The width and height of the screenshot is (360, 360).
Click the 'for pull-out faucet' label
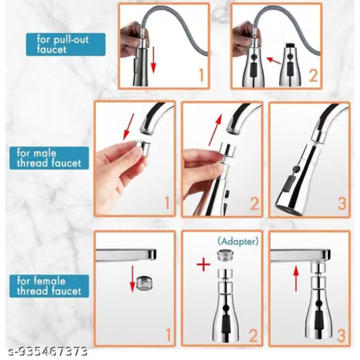pos(66,45)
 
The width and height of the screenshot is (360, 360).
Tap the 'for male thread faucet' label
pos(49,158)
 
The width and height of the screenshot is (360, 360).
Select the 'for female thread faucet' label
pos(49,286)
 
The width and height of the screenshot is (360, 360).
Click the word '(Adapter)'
pos(238,241)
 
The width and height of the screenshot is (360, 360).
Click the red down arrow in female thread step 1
pos(132,279)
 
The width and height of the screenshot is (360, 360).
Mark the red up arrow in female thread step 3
pos(296,278)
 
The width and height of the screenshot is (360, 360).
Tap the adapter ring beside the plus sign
pos(225,255)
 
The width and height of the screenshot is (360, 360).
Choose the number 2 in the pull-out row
pos(313,76)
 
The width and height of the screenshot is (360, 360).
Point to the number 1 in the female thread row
pos(168,335)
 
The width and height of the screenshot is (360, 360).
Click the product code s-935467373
pos(48,351)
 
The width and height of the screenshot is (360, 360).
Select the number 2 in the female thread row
pos(253,336)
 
